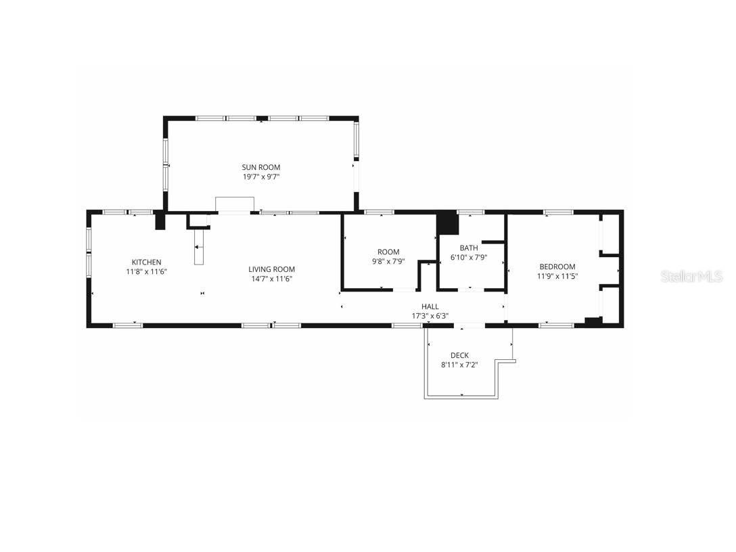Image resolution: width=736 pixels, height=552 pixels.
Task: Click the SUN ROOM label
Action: pos(261,167)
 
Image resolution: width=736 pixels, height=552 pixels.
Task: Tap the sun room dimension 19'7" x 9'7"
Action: pos(261,177)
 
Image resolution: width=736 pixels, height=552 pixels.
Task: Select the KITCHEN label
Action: pos(146,262)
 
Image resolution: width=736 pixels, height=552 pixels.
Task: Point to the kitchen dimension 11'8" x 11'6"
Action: pos(146,271)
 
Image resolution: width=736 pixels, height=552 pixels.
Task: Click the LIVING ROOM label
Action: pos(271,269)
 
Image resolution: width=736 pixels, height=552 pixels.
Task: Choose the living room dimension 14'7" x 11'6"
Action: pos(271,279)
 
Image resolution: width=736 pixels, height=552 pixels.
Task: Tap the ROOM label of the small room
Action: pos(388,252)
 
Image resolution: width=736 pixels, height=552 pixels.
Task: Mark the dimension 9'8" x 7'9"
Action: pos(388,261)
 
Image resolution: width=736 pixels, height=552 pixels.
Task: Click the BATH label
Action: pos(469,248)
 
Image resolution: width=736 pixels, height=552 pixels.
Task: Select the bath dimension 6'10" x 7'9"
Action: pos(469,257)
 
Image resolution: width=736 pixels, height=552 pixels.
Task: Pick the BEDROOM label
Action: pos(557,267)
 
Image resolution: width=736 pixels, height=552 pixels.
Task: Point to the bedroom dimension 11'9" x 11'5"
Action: pos(557,276)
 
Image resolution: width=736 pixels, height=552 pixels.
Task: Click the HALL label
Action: pos(430,306)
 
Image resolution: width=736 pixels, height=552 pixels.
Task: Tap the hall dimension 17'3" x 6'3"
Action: pos(430,316)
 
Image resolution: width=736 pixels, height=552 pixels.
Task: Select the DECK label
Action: pos(459,355)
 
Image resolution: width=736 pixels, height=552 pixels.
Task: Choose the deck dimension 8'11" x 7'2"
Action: pos(459,365)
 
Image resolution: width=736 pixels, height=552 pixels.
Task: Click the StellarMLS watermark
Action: pos(691,276)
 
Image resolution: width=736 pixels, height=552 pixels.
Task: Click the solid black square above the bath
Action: pos(447,223)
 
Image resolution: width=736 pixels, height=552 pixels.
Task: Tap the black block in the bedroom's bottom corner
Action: pos(593,322)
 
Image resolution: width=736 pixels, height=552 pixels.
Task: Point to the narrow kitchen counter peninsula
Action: pos(199,248)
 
